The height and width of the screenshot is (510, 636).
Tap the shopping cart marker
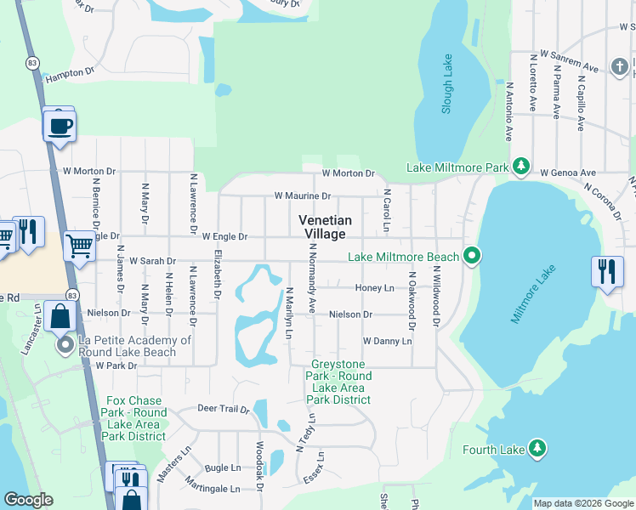(x=79, y=246)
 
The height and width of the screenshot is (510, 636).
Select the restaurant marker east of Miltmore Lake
(x=606, y=271)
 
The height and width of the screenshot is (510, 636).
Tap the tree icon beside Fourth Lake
(x=536, y=448)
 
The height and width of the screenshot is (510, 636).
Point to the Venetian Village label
(x=324, y=227)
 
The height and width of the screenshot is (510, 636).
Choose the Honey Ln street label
(x=375, y=288)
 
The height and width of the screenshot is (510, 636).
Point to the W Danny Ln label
(x=387, y=341)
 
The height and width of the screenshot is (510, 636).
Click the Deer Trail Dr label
(x=223, y=409)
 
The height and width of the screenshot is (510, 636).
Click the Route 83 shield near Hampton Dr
(x=32, y=62)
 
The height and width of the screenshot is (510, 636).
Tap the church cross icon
(x=623, y=65)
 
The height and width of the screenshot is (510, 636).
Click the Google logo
(x=28, y=500)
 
